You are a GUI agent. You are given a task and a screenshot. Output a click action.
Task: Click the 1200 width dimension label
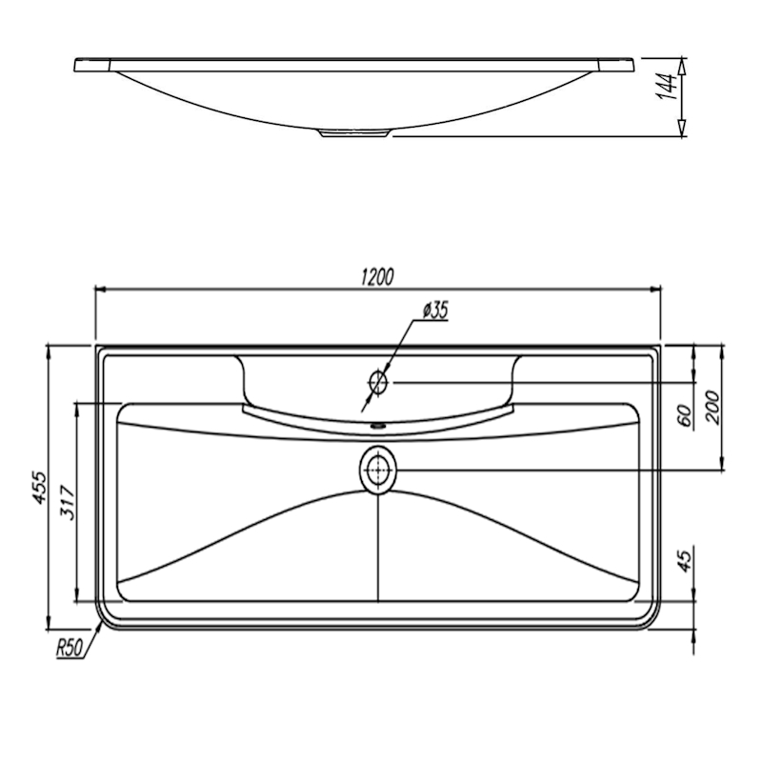377,276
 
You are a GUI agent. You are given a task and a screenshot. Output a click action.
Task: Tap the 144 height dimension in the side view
666,87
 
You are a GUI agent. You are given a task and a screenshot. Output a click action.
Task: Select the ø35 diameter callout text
435,311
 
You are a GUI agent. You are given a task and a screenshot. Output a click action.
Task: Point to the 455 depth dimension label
38,487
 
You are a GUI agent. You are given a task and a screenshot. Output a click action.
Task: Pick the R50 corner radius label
70,648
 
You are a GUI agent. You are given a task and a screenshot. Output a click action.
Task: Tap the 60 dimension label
684,414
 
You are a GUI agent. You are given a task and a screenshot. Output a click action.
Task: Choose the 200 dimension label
712,407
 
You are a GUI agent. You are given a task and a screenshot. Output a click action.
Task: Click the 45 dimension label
684,561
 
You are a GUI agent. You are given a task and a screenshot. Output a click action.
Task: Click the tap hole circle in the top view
378,382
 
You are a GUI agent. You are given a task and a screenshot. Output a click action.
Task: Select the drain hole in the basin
378,470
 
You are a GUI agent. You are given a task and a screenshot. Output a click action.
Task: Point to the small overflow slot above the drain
377,426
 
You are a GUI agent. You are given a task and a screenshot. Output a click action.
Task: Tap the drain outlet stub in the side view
354,132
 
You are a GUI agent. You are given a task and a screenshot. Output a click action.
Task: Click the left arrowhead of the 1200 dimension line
100,290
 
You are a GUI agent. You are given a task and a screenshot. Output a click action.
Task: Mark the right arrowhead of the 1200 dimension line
655,290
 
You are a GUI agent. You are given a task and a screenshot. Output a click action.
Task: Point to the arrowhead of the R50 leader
100,627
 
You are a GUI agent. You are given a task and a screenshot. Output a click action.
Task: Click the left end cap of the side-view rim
92,65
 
